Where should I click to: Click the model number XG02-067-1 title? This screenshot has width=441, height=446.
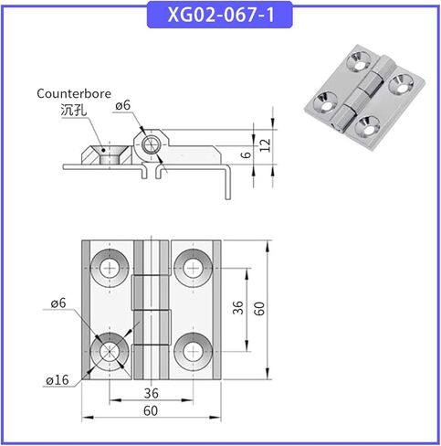[221, 15]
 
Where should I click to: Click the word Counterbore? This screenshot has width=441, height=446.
[74, 93]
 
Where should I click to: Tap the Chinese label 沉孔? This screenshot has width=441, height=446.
[73, 110]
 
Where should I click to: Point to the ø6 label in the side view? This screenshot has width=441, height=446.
[122, 105]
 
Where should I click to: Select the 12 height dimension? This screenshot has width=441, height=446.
[265, 145]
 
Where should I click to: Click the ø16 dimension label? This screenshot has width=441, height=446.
[58, 380]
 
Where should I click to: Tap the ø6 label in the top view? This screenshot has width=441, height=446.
[58, 303]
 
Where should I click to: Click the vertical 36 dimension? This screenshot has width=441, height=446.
[238, 308]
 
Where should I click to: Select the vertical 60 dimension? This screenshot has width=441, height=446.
[259, 308]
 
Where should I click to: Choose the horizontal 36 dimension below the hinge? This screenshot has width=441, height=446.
[151, 393]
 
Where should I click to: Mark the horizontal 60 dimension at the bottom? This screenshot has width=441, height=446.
[151, 411]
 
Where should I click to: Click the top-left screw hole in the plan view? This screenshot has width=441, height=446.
[110, 268]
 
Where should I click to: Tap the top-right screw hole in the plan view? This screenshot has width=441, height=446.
[193, 268]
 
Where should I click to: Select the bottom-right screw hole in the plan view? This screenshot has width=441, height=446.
[193, 352]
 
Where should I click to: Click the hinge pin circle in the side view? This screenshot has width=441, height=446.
[151, 144]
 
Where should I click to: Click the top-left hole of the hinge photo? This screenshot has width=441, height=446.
[359, 60]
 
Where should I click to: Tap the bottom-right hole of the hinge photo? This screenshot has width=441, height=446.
[368, 125]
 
